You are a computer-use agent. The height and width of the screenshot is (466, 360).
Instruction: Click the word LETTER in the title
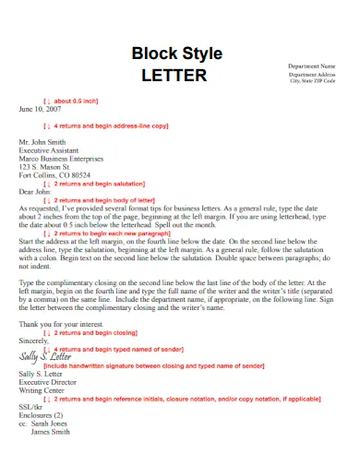pyautogui.click(x=174, y=75)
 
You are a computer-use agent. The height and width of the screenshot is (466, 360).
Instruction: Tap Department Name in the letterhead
pyautogui.click(x=312, y=66)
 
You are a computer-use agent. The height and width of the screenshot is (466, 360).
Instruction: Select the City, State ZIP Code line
pyautogui.click(x=312, y=80)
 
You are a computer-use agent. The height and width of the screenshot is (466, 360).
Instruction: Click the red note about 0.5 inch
pyautogui.click(x=71, y=100)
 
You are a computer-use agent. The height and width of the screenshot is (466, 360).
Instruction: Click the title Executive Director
pyautogui.click(x=50, y=381)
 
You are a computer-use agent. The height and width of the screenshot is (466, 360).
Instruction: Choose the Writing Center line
pyautogui.click(x=42, y=389)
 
